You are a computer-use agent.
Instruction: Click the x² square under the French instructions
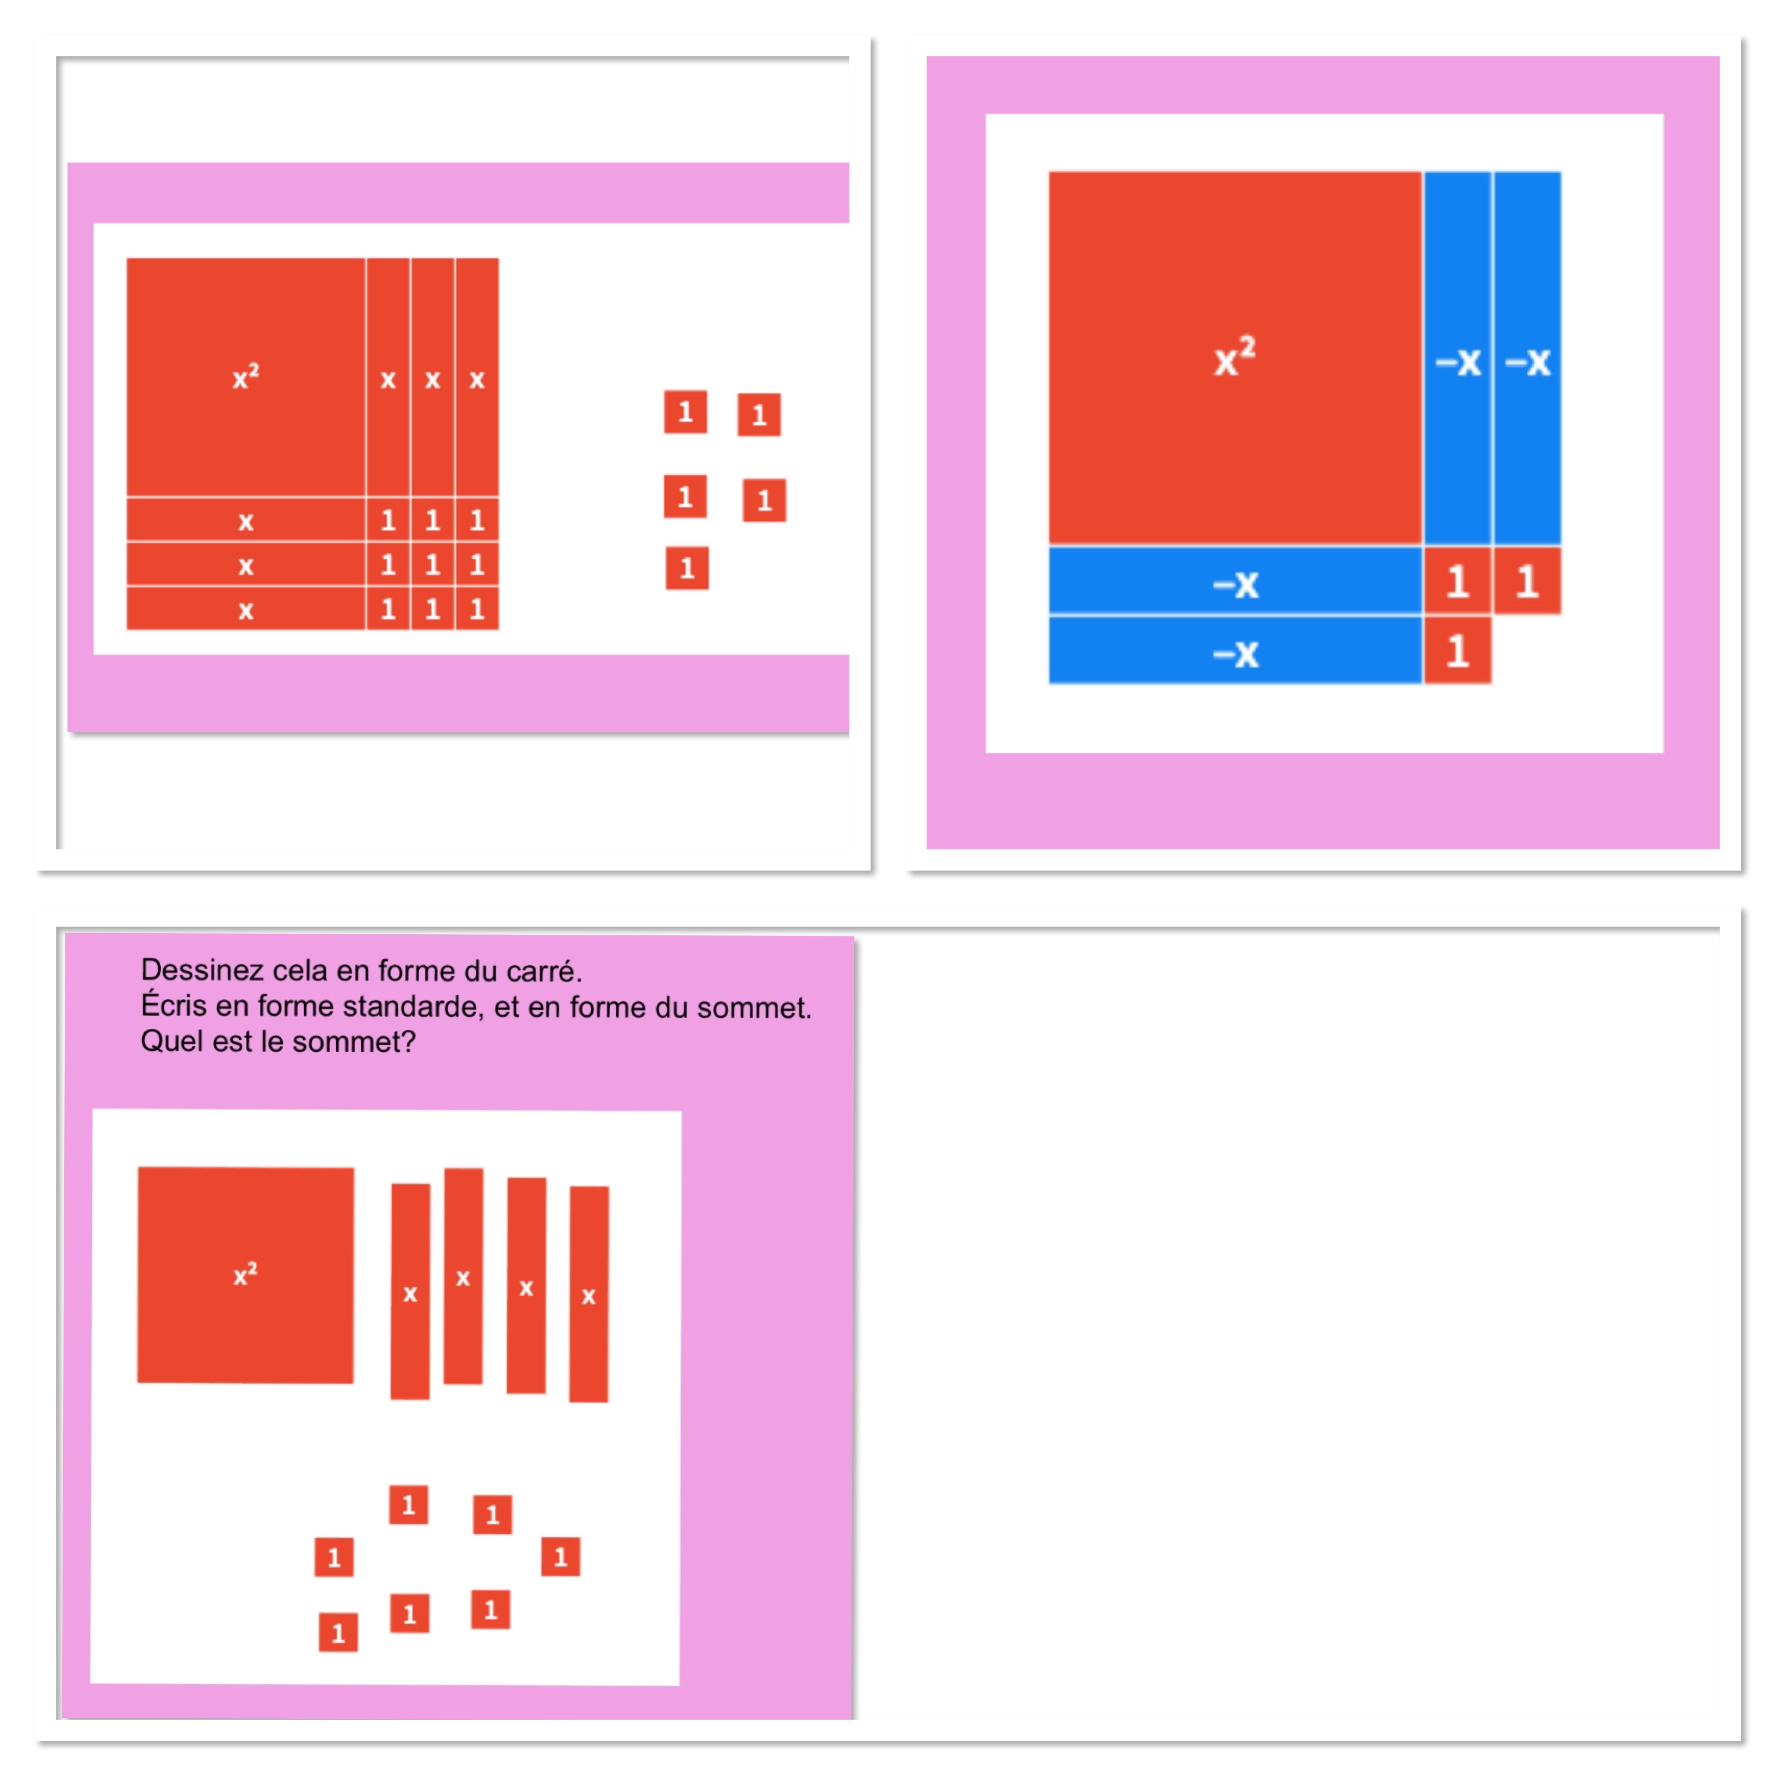click(x=245, y=1274)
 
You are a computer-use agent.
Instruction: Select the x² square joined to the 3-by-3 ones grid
click(x=245, y=377)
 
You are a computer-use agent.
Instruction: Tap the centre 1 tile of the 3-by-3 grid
click(x=432, y=564)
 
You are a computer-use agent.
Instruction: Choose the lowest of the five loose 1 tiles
click(x=687, y=568)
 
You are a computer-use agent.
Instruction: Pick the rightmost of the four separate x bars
click(x=588, y=1294)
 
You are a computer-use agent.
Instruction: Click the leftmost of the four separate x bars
click(x=410, y=1292)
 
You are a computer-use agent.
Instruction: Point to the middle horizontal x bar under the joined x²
click(x=245, y=564)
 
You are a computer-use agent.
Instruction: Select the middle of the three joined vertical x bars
click(x=432, y=377)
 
